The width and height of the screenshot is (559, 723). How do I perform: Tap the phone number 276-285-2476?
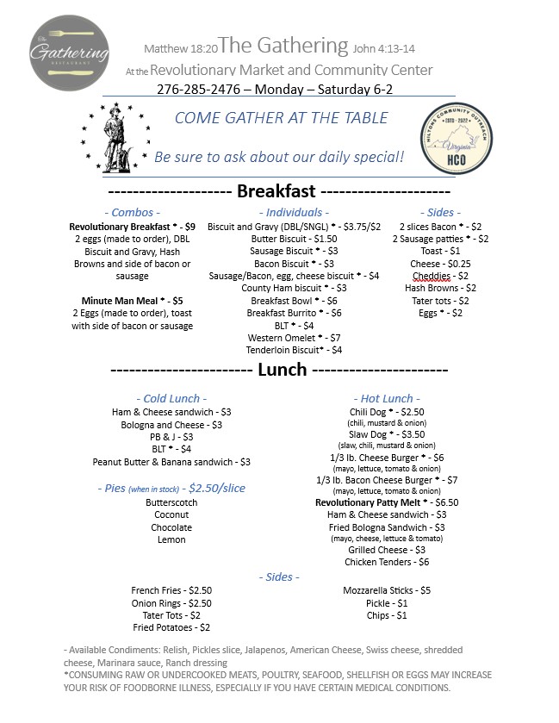[x=200, y=89]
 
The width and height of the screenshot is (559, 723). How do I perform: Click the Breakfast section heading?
[x=276, y=191]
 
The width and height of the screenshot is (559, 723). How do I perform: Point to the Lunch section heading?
[x=283, y=370]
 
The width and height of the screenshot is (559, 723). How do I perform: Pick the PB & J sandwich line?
[x=171, y=437]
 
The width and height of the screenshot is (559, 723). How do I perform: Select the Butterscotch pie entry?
[x=171, y=502]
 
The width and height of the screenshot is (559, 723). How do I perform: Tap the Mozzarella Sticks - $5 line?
[x=386, y=590]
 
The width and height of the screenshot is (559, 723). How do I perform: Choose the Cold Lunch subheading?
[x=171, y=398]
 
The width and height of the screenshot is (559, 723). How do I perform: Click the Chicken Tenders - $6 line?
[x=387, y=562]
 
